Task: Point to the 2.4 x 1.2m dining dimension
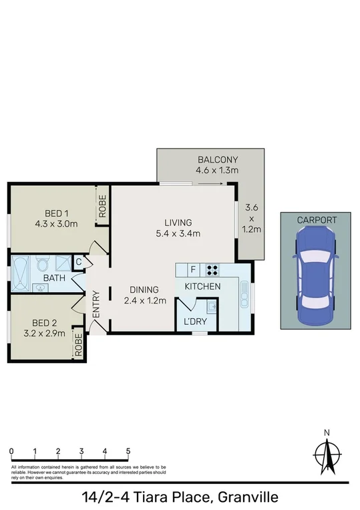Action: point(144,300)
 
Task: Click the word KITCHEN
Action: point(203,286)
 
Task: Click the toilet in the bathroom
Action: point(42,263)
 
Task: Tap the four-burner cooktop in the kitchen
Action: point(213,270)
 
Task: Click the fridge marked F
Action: point(194,270)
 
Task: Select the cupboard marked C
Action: point(78,263)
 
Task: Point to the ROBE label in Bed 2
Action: point(79,344)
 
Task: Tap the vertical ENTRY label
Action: point(96,304)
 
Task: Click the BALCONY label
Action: point(217,160)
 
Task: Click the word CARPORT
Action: point(317,219)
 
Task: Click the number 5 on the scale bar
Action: point(128,451)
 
